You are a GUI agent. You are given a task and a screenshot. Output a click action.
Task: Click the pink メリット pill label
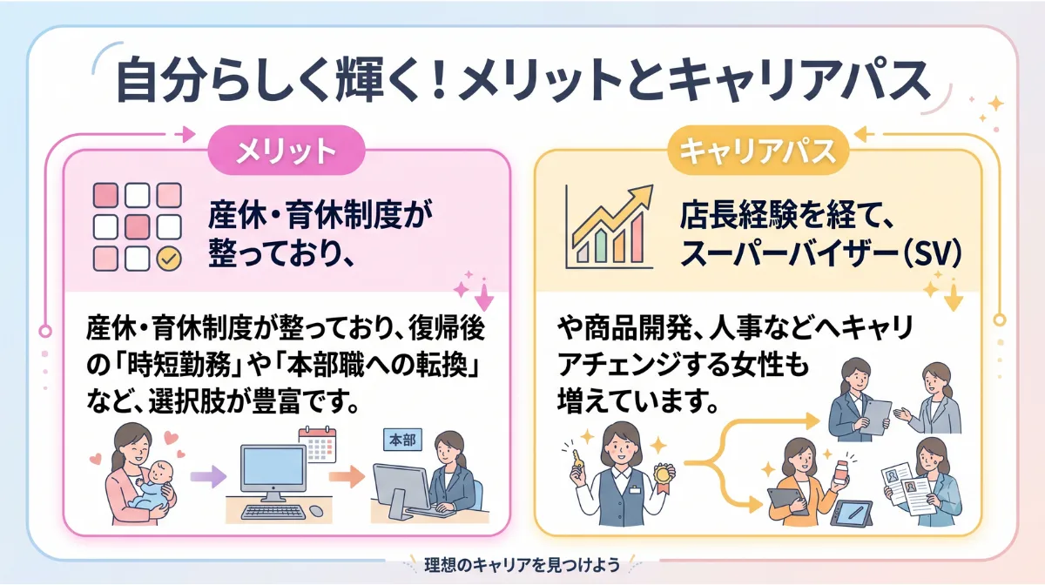click(x=286, y=151)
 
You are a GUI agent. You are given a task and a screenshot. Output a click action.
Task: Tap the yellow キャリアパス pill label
click(x=758, y=151)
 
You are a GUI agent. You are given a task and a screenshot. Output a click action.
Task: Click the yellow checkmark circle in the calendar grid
click(x=169, y=259)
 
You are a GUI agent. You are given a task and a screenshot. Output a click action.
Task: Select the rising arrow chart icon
click(x=610, y=226)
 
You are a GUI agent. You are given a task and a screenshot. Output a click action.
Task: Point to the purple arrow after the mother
click(x=208, y=476)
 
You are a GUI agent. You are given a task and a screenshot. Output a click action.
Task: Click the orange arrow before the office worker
click(x=347, y=476)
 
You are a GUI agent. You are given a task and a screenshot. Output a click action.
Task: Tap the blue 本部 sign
click(x=402, y=440)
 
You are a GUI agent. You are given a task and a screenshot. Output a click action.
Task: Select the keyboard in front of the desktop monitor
click(x=273, y=512)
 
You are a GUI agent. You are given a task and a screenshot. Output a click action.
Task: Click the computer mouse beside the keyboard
click(x=316, y=511)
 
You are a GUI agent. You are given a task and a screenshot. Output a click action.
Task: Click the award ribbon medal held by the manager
click(x=662, y=478)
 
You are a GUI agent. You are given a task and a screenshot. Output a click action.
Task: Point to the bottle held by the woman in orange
click(x=839, y=472)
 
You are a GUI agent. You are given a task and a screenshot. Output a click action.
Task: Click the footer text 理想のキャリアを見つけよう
click(x=522, y=565)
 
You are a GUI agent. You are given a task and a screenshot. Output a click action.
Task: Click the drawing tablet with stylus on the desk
click(x=852, y=514)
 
